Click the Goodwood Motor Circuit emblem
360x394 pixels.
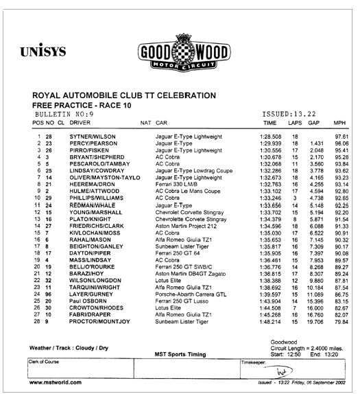tap(184, 53)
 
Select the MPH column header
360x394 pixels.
tap(339, 123)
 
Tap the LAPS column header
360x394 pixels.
tap(295, 123)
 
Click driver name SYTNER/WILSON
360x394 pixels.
tap(93, 137)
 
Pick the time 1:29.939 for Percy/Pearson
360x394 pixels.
tap(270, 143)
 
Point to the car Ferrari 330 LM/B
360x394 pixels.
tap(176, 184)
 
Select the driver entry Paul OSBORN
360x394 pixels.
tap(88, 301)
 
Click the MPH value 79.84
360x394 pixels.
tap(341, 322)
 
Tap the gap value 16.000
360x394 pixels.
tap(315, 308)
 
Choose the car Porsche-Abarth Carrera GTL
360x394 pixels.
tap(191, 294)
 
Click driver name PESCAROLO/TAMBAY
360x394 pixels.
tap(99, 164)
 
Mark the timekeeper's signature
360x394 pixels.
tap(279, 371)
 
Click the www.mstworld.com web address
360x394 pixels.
tap(56, 382)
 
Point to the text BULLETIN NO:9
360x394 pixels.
tap(64, 115)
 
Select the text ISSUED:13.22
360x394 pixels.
tap(289, 114)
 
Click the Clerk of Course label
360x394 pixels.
tap(44, 362)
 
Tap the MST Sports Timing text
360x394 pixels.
tap(180, 354)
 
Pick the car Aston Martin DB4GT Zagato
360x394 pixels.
tap(191, 274)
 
